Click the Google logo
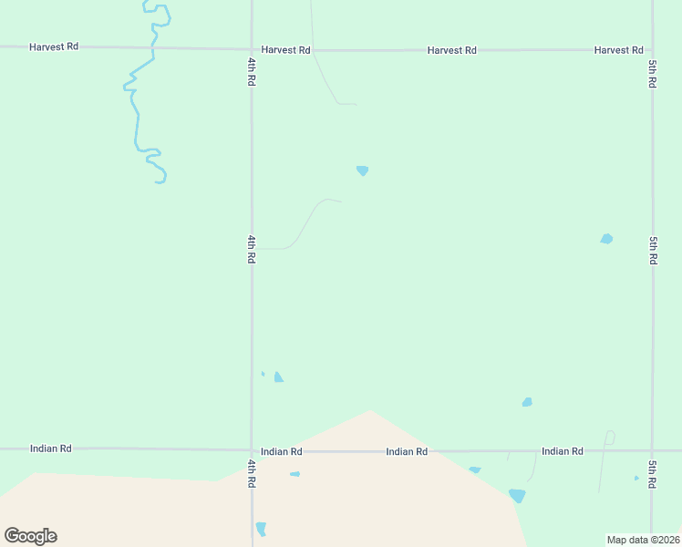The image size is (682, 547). [x=30, y=536]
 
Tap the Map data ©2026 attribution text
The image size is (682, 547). [x=643, y=540]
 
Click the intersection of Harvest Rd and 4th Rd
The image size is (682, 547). [x=252, y=49]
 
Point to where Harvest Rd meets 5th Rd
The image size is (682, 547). [x=652, y=50]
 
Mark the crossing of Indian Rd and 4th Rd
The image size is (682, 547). [x=252, y=450]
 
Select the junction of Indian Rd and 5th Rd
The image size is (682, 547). [x=652, y=451]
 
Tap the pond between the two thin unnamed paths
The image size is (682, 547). [x=362, y=170]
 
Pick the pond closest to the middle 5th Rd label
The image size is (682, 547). [x=606, y=239]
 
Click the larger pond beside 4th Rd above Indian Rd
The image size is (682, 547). [x=278, y=377]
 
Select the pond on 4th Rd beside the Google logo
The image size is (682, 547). [x=261, y=529]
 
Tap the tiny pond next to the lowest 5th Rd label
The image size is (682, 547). [x=636, y=478]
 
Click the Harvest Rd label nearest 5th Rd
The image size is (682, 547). [x=618, y=50]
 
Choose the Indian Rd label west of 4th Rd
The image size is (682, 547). [x=50, y=449]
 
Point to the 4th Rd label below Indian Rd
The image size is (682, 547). [x=251, y=473]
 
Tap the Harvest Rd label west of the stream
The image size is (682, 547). [x=53, y=46]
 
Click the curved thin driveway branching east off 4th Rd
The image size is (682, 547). [x=305, y=223]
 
